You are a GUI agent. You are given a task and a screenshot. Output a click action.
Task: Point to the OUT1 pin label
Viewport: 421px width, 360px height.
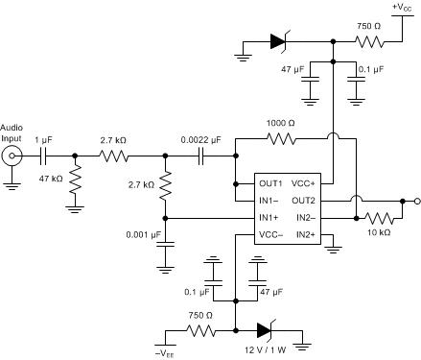coord(269,183)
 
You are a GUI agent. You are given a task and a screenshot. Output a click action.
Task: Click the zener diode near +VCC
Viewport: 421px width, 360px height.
coord(279,42)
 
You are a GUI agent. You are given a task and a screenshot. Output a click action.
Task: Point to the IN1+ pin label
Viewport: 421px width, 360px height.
coord(269,218)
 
